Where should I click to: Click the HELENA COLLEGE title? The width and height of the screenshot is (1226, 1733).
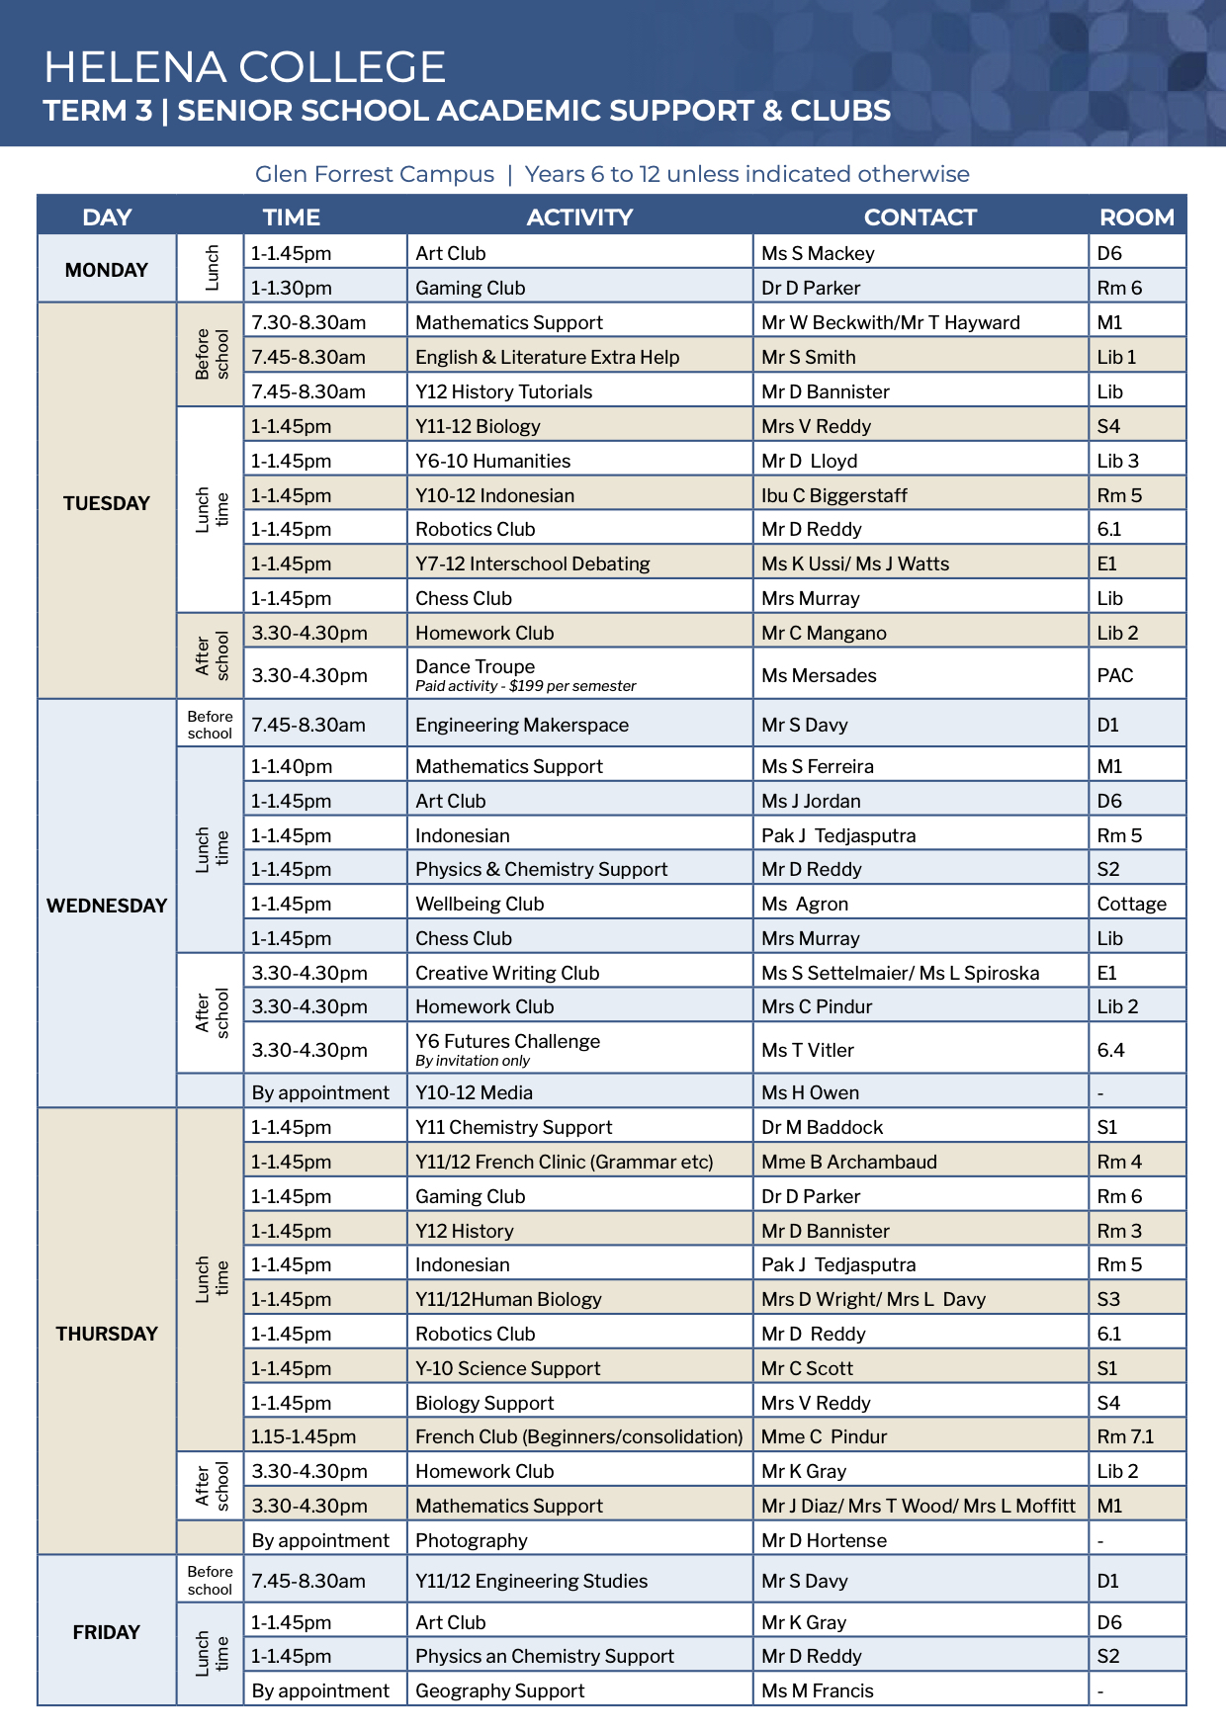tap(244, 67)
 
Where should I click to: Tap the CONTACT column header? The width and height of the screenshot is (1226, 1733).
tap(919, 217)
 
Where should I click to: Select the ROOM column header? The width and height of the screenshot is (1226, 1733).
tap(1136, 217)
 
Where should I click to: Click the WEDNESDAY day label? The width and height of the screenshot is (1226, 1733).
tap(107, 906)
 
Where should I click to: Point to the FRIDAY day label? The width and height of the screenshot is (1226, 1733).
tap(106, 1631)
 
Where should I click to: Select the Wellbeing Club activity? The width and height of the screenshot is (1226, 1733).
tap(480, 904)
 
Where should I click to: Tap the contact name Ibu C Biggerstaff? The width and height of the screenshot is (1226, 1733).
tap(833, 495)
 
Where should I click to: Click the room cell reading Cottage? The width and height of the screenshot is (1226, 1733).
tap(1131, 904)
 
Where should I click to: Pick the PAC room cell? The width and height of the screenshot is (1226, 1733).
tap(1114, 675)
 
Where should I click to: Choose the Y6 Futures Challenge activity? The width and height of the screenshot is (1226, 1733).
tap(507, 1042)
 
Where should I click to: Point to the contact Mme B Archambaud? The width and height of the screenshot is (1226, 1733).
tap(848, 1162)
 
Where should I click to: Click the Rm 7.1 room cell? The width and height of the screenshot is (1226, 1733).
tap(1125, 1436)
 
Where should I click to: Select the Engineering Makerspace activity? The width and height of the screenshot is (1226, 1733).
tap(521, 725)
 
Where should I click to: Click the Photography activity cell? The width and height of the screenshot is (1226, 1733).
tap(471, 1540)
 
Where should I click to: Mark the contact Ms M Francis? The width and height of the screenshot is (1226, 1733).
tap(817, 1690)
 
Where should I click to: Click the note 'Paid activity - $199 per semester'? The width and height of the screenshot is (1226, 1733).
tap(525, 686)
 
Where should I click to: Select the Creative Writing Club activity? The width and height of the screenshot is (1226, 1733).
tap(506, 973)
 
